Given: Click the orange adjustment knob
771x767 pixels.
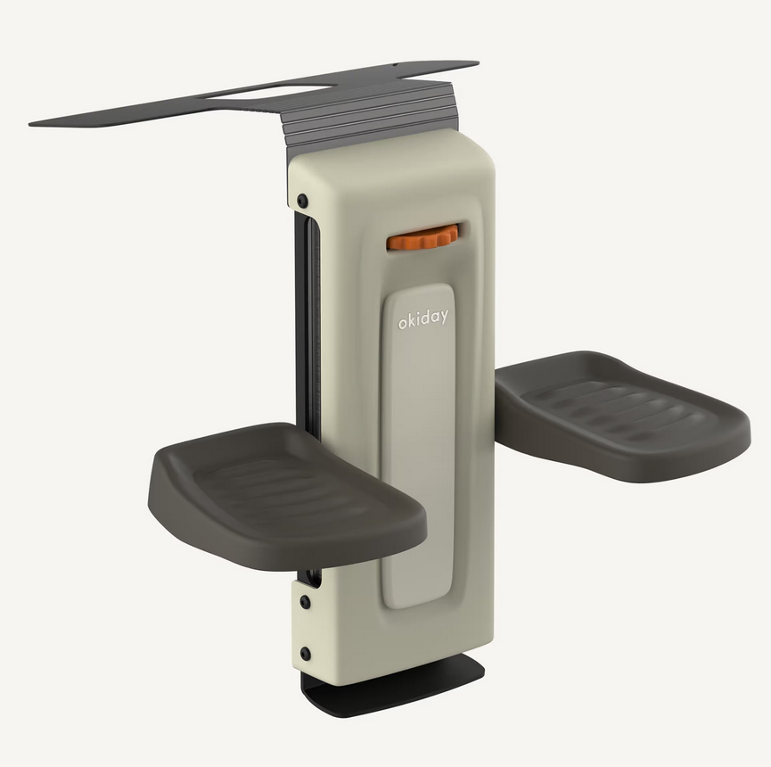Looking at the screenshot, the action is click(x=422, y=237).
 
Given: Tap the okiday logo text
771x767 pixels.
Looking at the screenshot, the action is click(x=422, y=318).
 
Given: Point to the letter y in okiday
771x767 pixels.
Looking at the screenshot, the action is click(x=444, y=318).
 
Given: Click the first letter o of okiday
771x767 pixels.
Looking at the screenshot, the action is click(x=402, y=323).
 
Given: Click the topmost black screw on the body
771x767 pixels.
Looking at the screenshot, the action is click(x=303, y=201).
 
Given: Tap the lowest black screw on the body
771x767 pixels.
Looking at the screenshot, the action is click(x=306, y=654).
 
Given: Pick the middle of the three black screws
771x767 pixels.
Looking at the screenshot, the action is click(x=305, y=602).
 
